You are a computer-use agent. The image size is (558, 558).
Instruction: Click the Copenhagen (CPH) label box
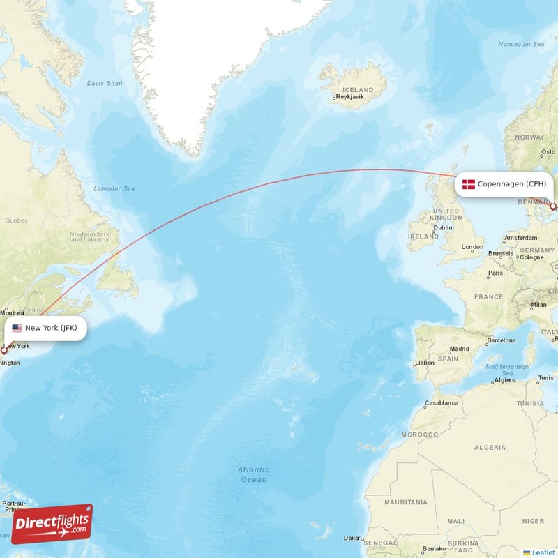pyautogui.click(x=505, y=184)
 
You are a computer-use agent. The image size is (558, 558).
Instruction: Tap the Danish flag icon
pyautogui.click(x=469, y=184)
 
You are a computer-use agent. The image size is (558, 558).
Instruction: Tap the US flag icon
pyautogui.click(x=17, y=328)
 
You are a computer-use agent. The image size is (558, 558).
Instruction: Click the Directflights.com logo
pyautogui.click(x=52, y=524)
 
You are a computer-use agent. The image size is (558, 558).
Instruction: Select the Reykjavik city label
pyautogui.click(x=350, y=97)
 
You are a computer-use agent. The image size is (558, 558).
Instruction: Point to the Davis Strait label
pyautogui.click(x=105, y=83)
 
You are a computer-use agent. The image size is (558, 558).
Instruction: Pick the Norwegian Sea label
pyautogui.click(x=520, y=45)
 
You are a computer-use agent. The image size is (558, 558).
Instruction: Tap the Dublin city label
pyautogui.click(x=442, y=227)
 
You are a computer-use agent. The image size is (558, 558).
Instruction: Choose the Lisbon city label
pyautogui.click(x=425, y=363)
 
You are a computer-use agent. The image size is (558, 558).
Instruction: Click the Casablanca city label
pyautogui.click(x=442, y=403)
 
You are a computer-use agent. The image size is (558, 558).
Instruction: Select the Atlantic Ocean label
pyautogui.click(x=253, y=474)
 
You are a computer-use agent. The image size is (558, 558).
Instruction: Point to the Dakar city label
pyautogui.click(x=352, y=538)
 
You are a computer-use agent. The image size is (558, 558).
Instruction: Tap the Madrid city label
pyautogui.click(x=460, y=349)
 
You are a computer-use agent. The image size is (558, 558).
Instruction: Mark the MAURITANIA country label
pyautogui.click(x=407, y=502)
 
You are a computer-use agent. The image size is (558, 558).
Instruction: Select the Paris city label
pyautogui.click(x=495, y=273)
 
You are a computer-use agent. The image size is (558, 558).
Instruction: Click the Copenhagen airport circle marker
pyautogui.click(x=553, y=207)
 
